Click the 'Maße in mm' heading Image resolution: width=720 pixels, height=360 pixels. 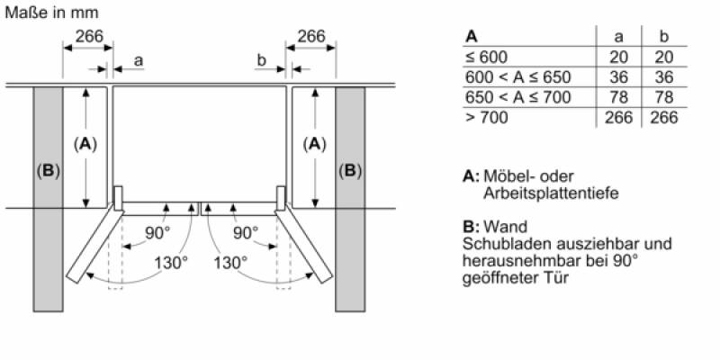51,13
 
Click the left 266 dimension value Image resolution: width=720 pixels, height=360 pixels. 89,36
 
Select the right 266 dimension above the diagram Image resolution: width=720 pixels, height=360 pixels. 310,36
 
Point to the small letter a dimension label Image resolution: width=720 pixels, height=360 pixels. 139,60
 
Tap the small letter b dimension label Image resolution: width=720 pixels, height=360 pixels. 261,59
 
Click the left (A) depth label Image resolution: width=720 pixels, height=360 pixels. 85,145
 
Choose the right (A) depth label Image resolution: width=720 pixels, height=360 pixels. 314,145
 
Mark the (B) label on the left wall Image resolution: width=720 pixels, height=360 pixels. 49,171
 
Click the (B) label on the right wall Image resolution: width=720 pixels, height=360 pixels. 350,171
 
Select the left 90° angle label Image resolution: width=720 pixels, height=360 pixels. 157,233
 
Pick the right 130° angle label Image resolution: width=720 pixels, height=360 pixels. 230,263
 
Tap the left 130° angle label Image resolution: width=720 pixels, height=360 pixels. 171,263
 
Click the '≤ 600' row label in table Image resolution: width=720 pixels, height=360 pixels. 486,57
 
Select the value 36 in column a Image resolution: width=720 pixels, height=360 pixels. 618,77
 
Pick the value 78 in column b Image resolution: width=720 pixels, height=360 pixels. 664,97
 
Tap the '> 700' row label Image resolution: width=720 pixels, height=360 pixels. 487,118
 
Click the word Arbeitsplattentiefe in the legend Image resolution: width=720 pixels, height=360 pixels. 551,193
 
